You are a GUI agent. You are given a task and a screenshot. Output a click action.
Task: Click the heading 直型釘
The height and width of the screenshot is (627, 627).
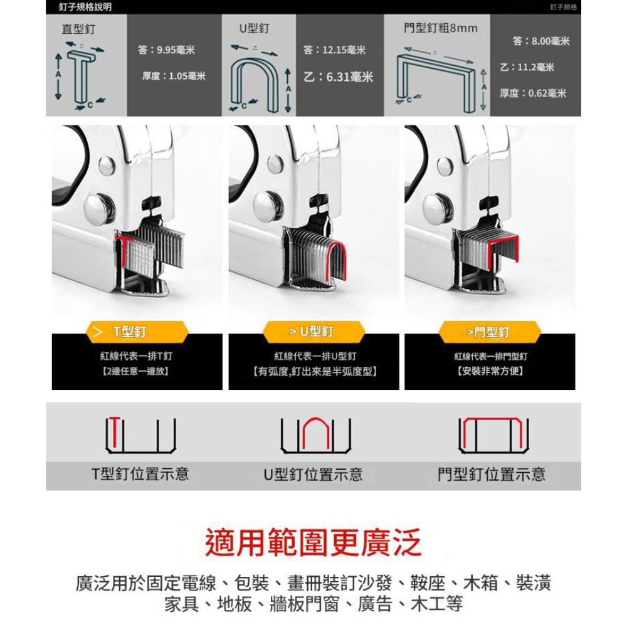coord(78,29)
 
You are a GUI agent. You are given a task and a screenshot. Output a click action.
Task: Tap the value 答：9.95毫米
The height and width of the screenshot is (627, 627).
coord(166,50)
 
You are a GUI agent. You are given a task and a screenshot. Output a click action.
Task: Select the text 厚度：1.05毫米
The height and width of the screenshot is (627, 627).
coord(174,76)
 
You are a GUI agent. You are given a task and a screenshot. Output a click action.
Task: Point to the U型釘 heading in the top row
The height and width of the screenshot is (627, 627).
coord(255,28)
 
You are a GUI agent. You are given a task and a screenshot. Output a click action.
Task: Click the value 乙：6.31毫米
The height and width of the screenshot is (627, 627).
coord(339,76)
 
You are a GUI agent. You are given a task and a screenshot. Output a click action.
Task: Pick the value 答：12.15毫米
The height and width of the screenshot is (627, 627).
coord(334,50)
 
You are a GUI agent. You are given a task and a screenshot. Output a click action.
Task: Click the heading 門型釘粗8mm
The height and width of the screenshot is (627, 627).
coord(441,28)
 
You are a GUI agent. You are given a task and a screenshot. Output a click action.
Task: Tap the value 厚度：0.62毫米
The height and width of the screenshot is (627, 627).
coord(533,93)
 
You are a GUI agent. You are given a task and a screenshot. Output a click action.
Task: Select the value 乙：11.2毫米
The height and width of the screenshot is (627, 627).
coord(527,67)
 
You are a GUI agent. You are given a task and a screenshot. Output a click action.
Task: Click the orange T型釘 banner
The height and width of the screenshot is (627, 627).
coord(137,332)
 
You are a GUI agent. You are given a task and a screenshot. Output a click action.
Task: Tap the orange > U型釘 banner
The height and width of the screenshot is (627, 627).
coord(313,332)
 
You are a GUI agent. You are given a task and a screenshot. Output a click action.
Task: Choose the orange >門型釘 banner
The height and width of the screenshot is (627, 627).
coord(490,332)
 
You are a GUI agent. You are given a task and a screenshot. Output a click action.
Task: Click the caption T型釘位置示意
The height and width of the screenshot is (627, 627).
coord(140,473)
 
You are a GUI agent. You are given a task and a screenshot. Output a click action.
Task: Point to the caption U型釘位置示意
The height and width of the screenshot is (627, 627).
coord(313,474)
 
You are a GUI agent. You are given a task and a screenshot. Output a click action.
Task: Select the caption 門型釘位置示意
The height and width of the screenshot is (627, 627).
coord(492,474)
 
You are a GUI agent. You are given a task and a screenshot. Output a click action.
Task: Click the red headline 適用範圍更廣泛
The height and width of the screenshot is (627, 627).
coord(313,542)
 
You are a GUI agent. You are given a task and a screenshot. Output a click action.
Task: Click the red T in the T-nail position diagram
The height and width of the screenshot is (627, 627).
coord(115,432)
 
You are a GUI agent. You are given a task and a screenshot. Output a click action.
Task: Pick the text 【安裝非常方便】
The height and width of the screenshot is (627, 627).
coord(490,371)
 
